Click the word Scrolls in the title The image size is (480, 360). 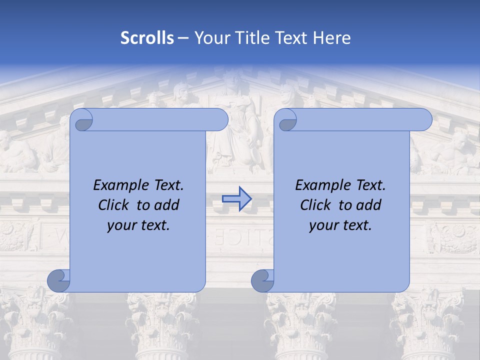[x=147, y=38]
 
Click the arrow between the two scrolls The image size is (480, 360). [x=236, y=198]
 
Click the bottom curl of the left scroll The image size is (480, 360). [x=59, y=281]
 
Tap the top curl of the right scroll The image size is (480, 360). [x=287, y=120]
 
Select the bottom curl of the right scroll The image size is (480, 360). [x=263, y=281]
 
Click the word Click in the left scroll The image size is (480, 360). [x=114, y=205]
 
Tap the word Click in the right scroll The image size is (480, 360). [x=316, y=205]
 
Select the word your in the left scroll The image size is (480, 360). [x=120, y=225]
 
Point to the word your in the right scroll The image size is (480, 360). [x=322, y=225]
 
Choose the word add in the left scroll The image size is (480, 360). [x=167, y=205]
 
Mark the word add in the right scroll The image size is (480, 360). [x=369, y=205]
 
